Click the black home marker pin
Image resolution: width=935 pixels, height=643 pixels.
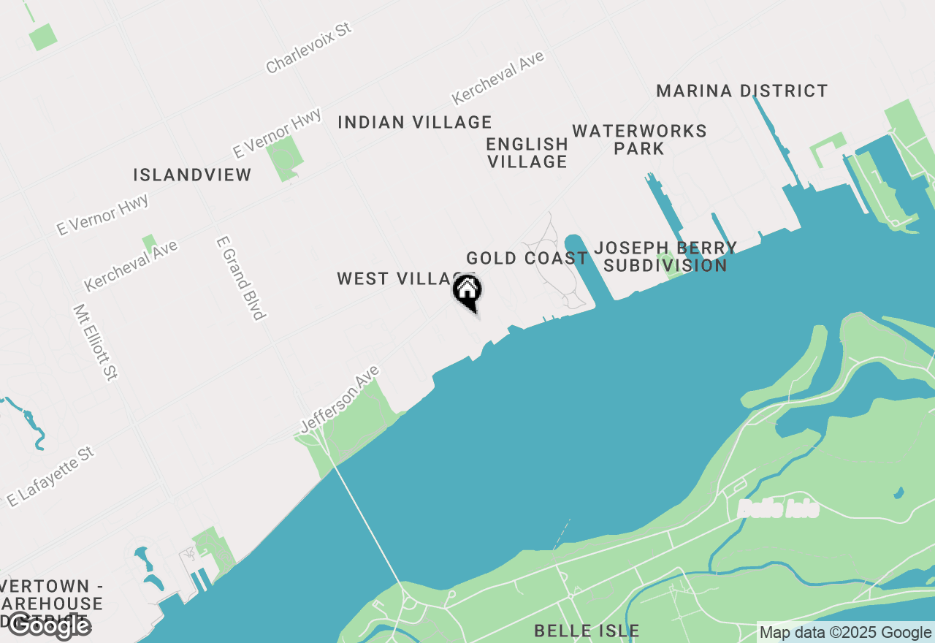point(467,292)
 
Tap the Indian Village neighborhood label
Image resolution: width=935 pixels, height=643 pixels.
point(415,122)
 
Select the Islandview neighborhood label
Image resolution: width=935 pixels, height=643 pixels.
point(192,175)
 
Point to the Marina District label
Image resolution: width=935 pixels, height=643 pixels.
point(742,91)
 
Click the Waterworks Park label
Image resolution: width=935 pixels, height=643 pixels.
point(639,140)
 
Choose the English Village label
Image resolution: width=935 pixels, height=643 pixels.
point(527,153)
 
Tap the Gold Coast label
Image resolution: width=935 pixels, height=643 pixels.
point(527,259)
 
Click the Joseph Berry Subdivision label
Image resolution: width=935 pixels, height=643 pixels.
point(665,256)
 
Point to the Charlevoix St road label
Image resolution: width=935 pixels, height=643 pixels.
point(308,47)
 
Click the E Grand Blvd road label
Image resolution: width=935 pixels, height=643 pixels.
point(240,278)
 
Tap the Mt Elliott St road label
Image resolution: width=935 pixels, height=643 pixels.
point(95,342)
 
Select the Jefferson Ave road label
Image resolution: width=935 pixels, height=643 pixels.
point(340,399)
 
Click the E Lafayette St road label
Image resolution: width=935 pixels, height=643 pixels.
point(51,477)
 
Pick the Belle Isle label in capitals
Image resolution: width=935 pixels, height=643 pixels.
point(587,631)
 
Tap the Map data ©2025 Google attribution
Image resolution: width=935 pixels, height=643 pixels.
point(845,633)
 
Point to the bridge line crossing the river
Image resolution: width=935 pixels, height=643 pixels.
point(365,519)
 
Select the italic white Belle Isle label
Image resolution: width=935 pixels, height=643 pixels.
point(778,509)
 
